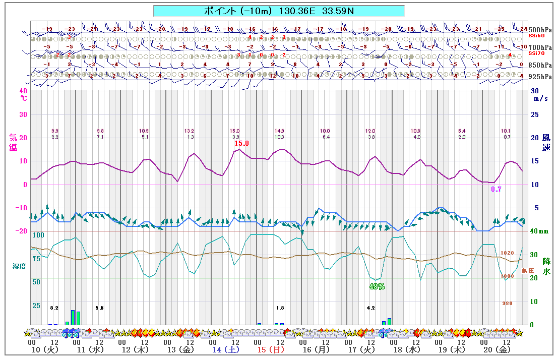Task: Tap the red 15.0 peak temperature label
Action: (242, 144)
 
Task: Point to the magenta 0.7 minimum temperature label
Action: (497, 189)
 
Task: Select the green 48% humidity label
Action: (377, 286)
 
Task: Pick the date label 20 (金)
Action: (497, 349)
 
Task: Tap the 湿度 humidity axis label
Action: (19, 266)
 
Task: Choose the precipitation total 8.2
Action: (54, 308)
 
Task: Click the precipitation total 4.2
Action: (371, 308)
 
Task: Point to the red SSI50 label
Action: (536, 36)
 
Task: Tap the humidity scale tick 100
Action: (38, 235)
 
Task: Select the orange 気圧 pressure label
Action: (527, 270)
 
